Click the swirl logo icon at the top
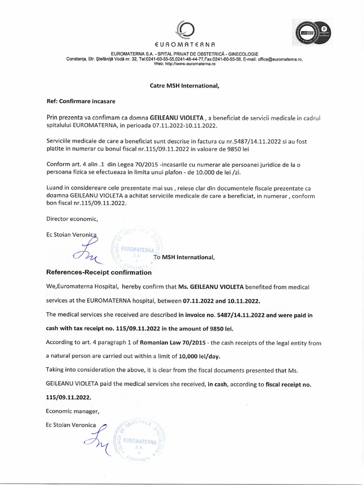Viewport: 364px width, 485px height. tap(182, 29)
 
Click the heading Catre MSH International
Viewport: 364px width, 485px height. tap(182, 86)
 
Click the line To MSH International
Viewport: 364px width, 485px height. tap(185, 258)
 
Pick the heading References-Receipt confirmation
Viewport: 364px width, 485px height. tap(99, 273)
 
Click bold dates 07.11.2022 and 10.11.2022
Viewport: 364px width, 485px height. tap(222, 301)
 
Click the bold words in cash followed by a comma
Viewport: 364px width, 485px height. tap(218, 384)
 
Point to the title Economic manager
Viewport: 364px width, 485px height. tap(73, 411)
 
